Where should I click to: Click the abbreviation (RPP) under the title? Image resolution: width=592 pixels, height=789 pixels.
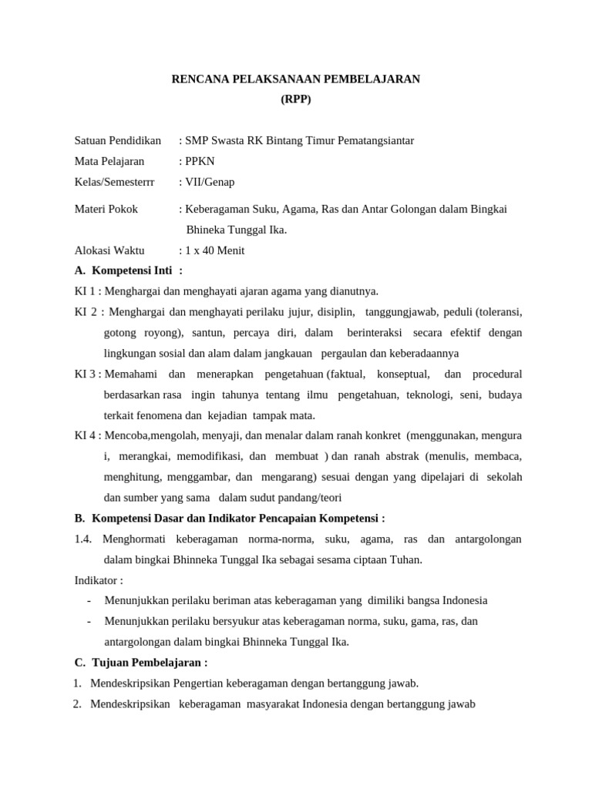pyautogui.click(x=296, y=99)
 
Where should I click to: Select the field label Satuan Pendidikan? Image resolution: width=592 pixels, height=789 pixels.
pyautogui.click(x=117, y=140)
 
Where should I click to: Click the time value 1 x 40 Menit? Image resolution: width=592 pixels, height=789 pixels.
pyautogui.click(x=215, y=250)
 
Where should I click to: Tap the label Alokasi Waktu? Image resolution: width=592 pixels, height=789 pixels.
pyautogui.click(x=109, y=250)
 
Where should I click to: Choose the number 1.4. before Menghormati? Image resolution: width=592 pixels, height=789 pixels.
pyautogui.click(x=83, y=539)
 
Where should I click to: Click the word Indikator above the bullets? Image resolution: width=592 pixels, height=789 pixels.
pyautogui.click(x=96, y=579)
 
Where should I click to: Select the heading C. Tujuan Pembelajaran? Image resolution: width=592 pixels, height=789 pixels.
pyautogui.click(x=140, y=662)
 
